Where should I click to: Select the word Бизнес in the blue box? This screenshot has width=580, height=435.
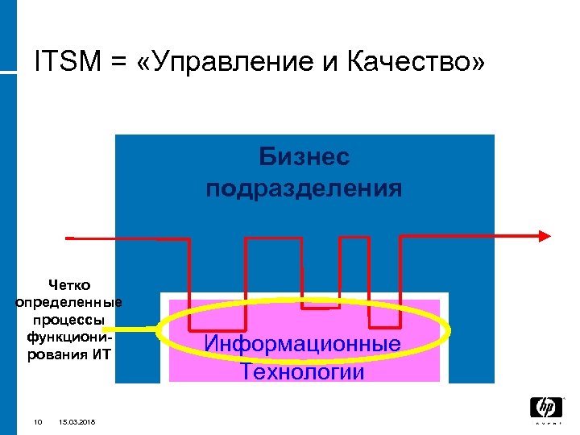(304, 156)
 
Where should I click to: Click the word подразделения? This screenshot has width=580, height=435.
(304, 188)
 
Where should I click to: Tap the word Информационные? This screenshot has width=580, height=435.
(302, 344)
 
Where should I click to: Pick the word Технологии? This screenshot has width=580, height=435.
(302, 372)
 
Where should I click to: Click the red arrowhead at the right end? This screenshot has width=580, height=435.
(545, 235)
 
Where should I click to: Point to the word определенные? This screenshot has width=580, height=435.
(69, 302)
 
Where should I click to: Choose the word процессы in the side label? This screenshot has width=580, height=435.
(69, 319)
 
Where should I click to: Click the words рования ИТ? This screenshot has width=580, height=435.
(69, 353)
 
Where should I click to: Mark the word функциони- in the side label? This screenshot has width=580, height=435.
(69, 336)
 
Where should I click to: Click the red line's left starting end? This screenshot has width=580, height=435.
(70, 238)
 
